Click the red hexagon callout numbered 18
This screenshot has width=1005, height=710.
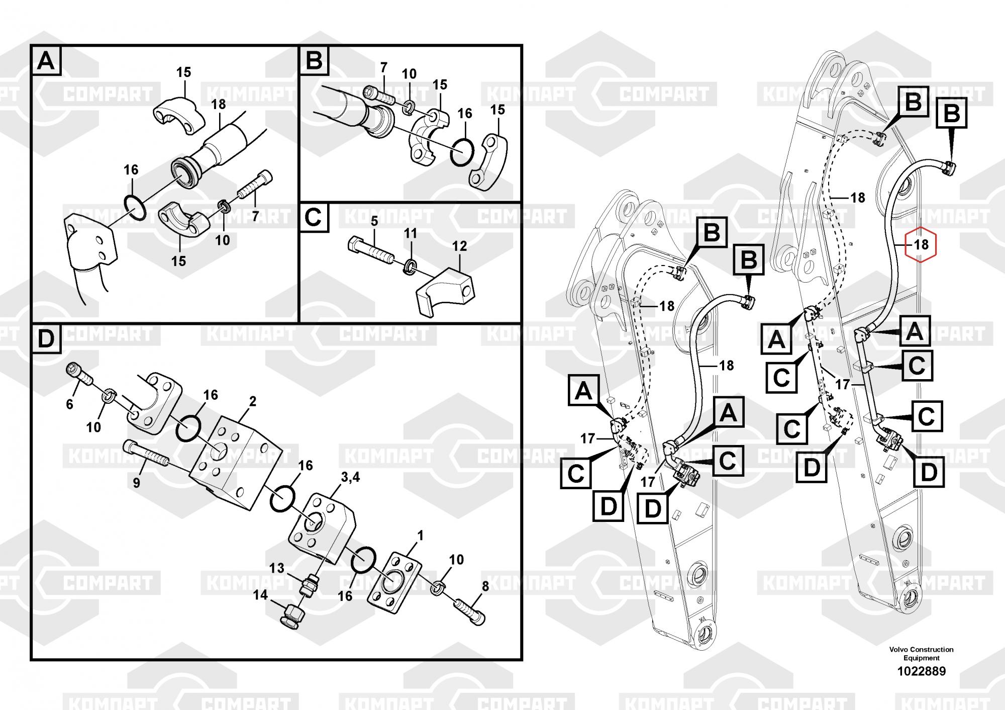921,245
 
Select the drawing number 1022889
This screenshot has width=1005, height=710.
921,671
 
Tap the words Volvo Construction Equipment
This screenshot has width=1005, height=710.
921,654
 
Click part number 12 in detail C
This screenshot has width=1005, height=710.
459,246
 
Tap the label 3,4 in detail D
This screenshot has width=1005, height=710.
350,477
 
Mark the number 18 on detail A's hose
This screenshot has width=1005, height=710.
219,105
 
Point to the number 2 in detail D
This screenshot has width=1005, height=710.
252,401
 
